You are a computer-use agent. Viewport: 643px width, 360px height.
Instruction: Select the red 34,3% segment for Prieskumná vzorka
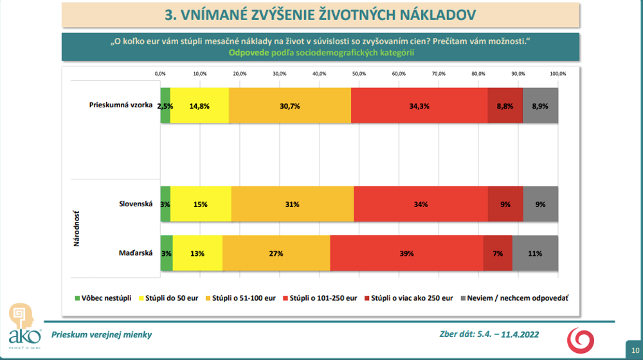tap(419, 106)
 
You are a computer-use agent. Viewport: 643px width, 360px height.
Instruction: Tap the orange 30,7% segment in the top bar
tap(290, 106)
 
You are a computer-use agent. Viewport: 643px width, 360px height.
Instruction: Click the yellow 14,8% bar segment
tap(199, 106)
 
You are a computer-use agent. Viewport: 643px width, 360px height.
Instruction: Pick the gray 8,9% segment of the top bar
tap(540, 106)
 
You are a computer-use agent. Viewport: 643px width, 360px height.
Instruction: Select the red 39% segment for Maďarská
tap(406, 253)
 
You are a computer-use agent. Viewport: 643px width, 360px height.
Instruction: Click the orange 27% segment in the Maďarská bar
tap(276, 253)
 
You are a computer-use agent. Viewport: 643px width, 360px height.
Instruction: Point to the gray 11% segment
tap(535, 253)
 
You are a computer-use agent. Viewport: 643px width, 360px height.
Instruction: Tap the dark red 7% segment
tap(498, 253)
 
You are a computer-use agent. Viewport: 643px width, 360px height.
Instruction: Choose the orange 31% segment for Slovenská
tap(292, 204)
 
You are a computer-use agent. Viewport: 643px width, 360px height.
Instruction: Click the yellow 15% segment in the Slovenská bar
tap(201, 204)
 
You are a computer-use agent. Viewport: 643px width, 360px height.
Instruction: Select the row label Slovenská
tap(136, 204)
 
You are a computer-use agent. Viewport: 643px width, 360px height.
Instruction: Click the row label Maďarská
tap(136, 253)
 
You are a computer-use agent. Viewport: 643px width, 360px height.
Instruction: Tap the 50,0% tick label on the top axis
tap(359, 74)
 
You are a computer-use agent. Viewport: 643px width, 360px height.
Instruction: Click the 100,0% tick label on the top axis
tap(557, 74)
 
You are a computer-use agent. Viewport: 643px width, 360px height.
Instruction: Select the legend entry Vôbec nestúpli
tap(104, 298)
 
